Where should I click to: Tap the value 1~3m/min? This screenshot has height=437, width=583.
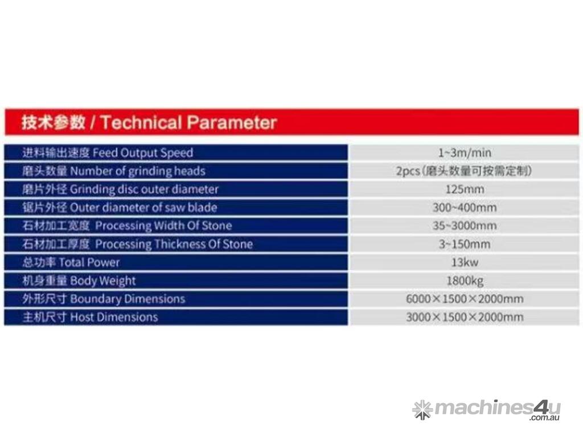465,152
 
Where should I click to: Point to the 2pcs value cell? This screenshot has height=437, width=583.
464,171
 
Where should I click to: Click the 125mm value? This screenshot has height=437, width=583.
465,189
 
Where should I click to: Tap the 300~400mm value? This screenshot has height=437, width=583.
465,207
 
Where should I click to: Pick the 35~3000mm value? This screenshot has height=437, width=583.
465,225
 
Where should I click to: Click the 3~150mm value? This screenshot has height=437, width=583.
465,244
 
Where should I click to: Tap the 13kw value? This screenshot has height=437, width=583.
465,262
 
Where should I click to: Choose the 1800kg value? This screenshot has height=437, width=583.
465,281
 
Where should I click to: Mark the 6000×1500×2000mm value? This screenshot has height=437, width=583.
465,299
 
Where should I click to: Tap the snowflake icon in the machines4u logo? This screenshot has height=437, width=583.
423,410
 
